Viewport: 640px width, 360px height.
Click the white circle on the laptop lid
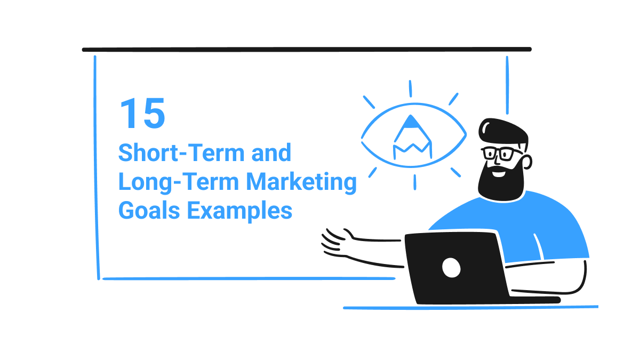451,267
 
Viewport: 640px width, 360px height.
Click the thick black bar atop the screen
307,49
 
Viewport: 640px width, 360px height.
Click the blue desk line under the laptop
469,308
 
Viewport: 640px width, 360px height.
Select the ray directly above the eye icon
410,89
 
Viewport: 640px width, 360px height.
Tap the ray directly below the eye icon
414,182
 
